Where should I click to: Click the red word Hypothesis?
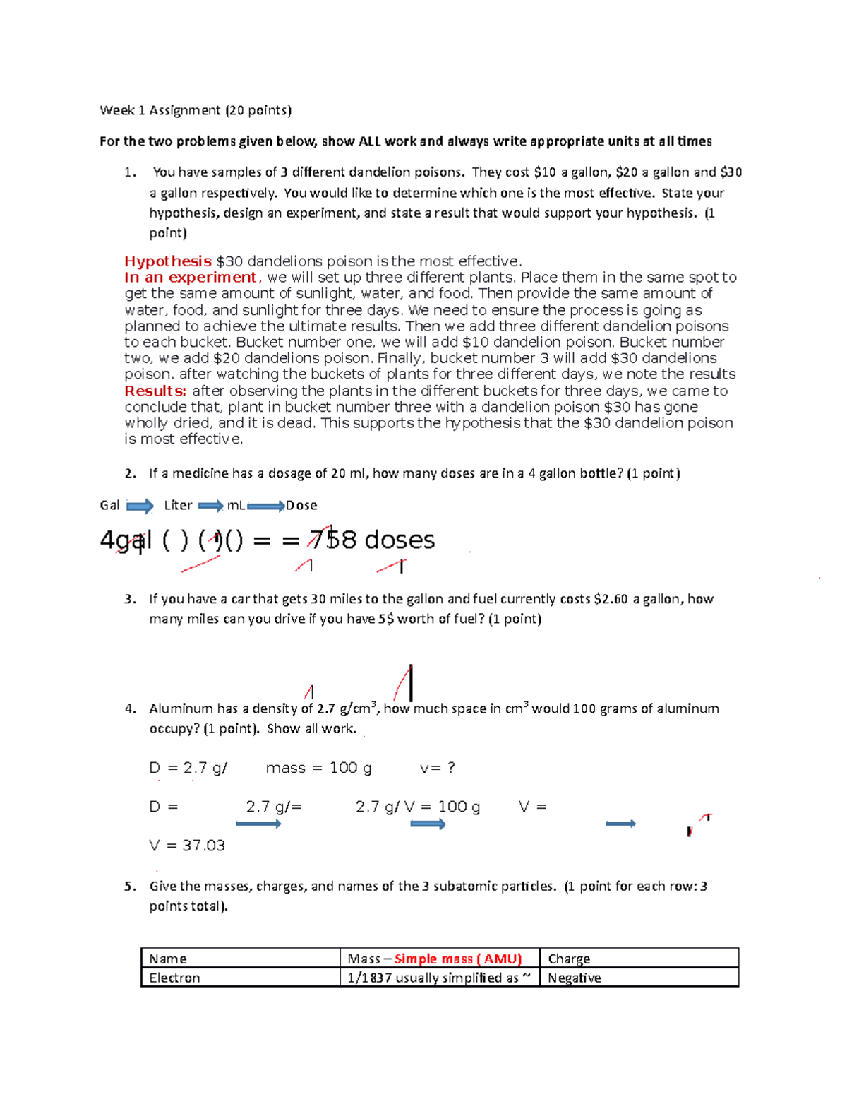(168, 261)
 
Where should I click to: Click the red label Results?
(155, 391)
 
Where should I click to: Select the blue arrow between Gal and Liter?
(140, 506)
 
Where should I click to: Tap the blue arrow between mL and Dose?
(265, 506)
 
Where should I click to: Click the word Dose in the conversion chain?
(301, 506)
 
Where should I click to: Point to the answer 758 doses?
(372, 540)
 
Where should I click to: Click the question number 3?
(129, 599)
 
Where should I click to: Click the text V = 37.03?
(187, 846)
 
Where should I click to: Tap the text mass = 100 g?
(318, 768)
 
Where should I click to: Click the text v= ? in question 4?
(437, 768)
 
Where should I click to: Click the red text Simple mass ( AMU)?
(457, 959)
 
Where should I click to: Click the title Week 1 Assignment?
(160, 110)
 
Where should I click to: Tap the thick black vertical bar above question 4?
(411, 682)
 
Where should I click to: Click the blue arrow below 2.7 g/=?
(258, 824)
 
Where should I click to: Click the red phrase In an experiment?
(191, 278)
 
